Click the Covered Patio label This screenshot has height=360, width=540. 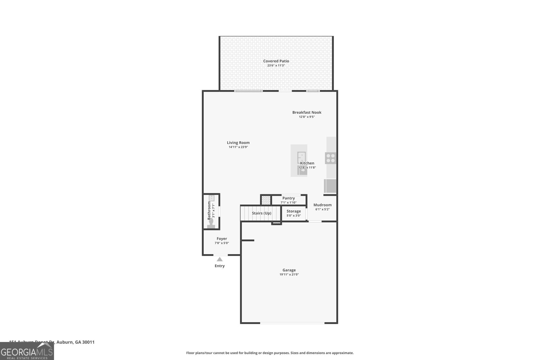point(276,61)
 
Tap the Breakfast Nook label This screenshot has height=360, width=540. point(306,112)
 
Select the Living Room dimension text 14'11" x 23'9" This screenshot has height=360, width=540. point(238,147)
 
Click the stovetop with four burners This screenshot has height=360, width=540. point(330,158)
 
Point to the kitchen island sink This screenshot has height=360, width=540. point(301,159)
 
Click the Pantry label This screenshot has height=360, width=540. point(289,198)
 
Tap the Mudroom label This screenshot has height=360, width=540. point(322,205)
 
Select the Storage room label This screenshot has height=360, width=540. point(294,211)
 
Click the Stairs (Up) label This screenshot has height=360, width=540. point(262,213)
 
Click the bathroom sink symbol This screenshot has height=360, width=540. point(212,198)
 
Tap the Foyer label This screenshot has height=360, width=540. point(222,239)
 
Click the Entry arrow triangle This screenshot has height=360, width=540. point(220,259)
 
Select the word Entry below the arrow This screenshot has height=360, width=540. point(220,266)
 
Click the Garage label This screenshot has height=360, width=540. point(289,270)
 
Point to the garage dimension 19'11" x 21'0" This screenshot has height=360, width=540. point(289,275)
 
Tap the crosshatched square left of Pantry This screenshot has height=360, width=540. point(266,200)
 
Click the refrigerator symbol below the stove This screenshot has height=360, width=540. point(330,186)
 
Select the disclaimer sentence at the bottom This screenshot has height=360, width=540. point(270,353)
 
